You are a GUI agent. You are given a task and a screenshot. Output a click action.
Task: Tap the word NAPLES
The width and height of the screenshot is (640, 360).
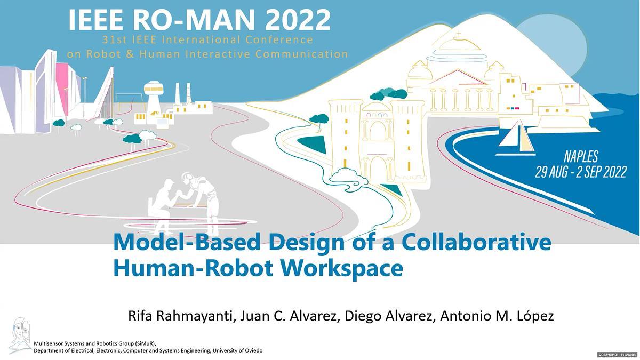click(x=581, y=157)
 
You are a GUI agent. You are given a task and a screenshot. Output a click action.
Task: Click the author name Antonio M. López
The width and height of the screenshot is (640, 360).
click(x=497, y=316)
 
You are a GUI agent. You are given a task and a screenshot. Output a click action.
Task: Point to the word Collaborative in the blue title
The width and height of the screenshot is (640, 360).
click(x=476, y=242)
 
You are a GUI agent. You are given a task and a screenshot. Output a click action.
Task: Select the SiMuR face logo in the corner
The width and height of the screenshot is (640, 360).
click(x=20, y=335)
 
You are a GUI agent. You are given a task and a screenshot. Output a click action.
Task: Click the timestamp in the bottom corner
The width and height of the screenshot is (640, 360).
click(x=618, y=355)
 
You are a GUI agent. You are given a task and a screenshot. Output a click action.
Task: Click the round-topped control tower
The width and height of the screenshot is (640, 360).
click(x=154, y=101)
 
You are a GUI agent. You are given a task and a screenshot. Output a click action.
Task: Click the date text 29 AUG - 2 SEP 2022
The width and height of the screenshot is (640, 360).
click(x=581, y=172)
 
